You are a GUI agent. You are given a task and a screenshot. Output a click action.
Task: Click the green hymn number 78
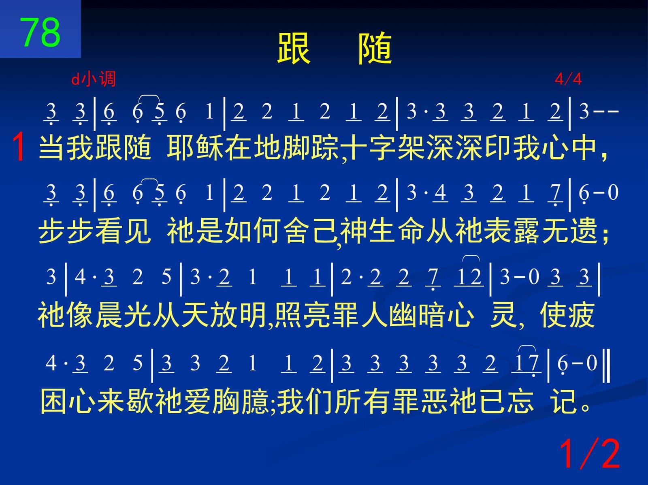pyautogui.click(x=40, y=32)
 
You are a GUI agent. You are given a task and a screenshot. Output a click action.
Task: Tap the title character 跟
pyautogui.click(x=294, y=48)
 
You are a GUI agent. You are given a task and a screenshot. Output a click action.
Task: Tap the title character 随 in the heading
pyautogui.click(x=375, y=48)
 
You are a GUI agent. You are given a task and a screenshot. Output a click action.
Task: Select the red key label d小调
pyautogui.click(x=94, y=79)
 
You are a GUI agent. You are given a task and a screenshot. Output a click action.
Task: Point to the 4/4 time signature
pyautogui.click(x=568, y=79)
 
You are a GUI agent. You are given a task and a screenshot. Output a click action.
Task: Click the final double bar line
pyautogui.click(x=606, y=365)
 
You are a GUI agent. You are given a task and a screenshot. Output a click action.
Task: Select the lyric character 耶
pyautogui.click(x=181, y=147)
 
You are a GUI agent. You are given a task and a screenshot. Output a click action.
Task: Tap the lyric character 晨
pyautogui.click(x=109, y=314)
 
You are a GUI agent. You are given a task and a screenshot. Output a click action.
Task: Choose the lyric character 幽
pyautogui.click(x=403, y=314)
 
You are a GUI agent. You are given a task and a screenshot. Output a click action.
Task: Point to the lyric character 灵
pyautogui.click(x=504, y=314)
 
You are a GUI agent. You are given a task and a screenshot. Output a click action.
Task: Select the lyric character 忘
pyautogui.click(x=521, y=401)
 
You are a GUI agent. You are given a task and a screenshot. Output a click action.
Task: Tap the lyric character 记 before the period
pyautogui.click(x=564, y=401)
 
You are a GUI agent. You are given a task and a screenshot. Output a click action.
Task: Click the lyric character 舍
pyautogui.click(x=297, y=231)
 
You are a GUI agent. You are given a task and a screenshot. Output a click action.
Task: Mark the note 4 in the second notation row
pyautogui.click(x=441, y=193)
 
